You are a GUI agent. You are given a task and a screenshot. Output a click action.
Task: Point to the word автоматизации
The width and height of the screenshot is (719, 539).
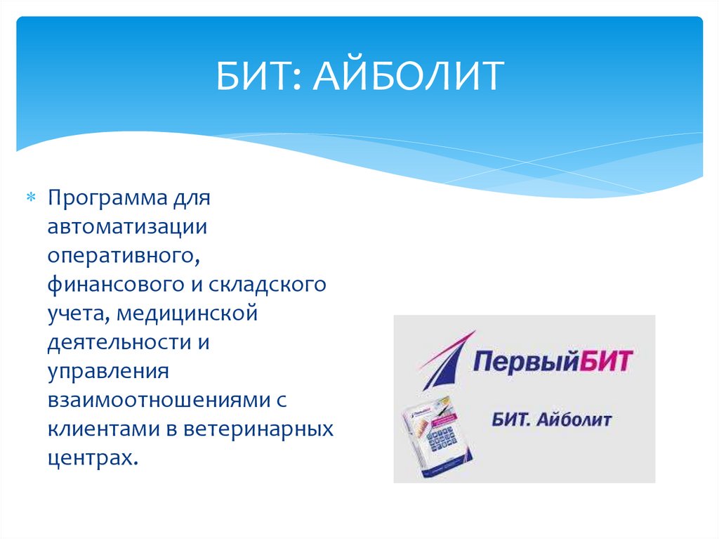pyautogui.click(x=126, y=227)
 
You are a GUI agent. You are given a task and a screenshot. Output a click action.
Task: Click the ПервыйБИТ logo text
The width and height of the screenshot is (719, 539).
pyautogui.click(x=554, y=364)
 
